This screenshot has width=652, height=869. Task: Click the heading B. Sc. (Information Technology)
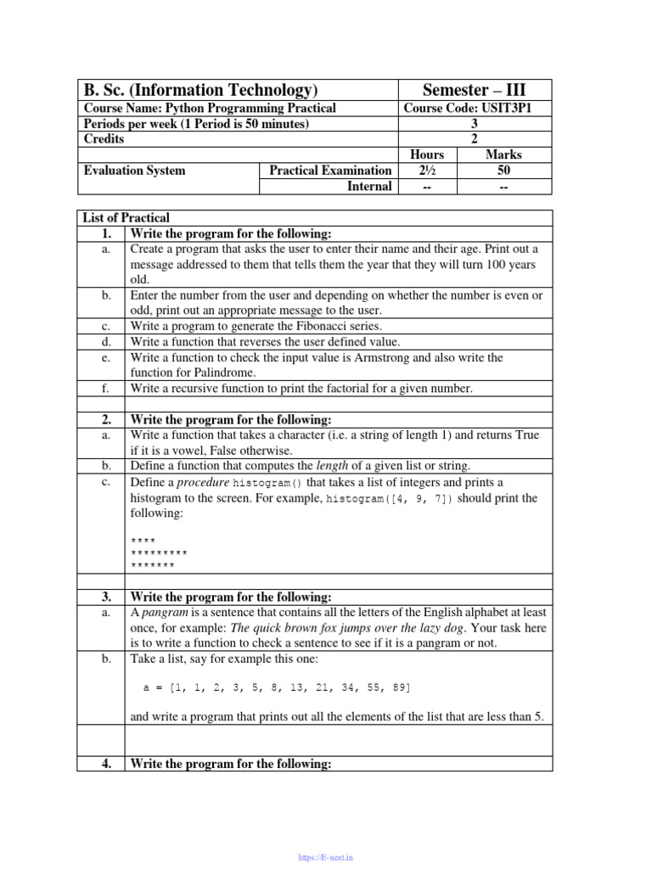pos(200,90)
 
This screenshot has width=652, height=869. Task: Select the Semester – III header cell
pos(475,90)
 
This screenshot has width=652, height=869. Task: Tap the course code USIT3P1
pos(475,108)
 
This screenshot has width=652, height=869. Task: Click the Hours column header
pos(426,154)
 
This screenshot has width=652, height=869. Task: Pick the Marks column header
pos(503,154)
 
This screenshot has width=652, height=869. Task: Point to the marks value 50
pos(503,171)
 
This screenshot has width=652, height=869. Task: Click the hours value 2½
pos(426,171)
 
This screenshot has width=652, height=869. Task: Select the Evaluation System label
pos(133,171)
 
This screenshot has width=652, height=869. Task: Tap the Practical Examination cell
pos(330,171)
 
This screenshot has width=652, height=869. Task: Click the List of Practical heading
pos(126,218)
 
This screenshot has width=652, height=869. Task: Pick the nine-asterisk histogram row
pos(160,552)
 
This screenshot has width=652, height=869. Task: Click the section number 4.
pos(106,764)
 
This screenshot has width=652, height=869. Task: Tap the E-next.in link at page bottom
pos(326,858)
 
